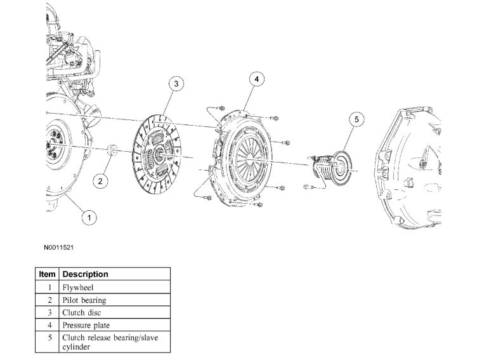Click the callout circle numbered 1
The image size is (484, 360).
(x=89, y=218)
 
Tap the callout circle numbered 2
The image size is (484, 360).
(x=100, y=180)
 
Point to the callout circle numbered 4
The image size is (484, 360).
(x=256, y=79)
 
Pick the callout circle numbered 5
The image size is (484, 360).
(x=356, y=119)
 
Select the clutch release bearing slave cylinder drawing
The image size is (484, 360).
(x=332, y=166)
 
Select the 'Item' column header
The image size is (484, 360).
(x=48, y=274)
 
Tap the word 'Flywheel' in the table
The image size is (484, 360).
(x=78, y=288)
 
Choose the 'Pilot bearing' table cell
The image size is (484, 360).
(x=84, y=300)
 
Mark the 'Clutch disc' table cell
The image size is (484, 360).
(x=81, y=313)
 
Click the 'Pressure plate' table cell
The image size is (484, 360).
(x=86, y=326)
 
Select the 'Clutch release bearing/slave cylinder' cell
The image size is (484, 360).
(x=110, y=342)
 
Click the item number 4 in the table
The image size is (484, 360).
(x=49, y=326)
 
